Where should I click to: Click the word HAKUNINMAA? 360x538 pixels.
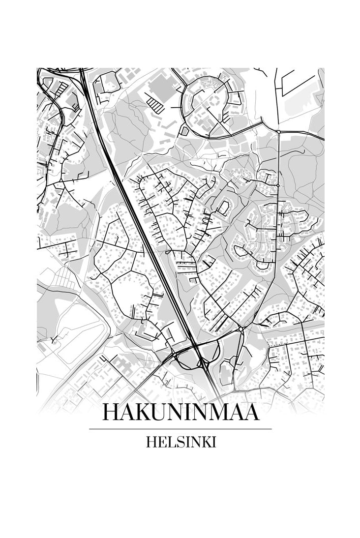180,413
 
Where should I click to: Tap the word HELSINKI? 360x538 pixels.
180,442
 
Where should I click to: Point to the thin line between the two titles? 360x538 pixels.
180,429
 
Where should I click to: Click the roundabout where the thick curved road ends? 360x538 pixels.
278,132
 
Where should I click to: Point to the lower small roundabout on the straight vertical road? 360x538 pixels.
278,185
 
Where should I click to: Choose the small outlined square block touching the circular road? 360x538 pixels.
184,131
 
